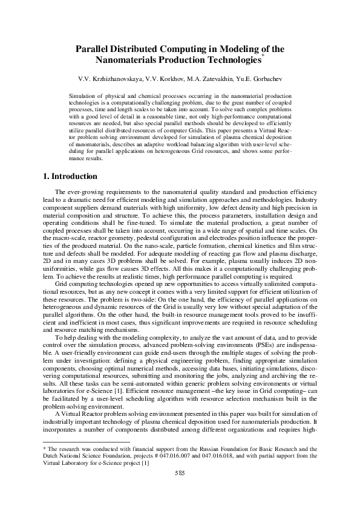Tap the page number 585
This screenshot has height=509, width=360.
click(180, 472)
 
